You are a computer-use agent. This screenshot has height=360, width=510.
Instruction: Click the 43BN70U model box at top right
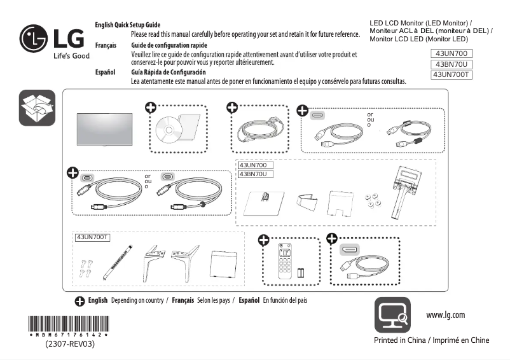[452, 64]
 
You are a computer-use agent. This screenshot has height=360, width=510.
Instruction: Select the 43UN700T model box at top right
[451, 75]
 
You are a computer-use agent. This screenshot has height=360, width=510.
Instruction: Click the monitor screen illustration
[102, 130]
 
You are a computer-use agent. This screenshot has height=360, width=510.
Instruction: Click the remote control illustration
[285, 261]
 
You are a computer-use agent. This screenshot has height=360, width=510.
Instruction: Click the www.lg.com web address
[445, 315]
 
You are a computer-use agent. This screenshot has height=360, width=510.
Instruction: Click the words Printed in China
[400, 340]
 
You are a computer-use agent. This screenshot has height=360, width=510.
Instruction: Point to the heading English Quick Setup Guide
[128, 24]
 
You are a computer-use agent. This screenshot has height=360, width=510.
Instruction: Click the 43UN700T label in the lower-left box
[93, 237]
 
